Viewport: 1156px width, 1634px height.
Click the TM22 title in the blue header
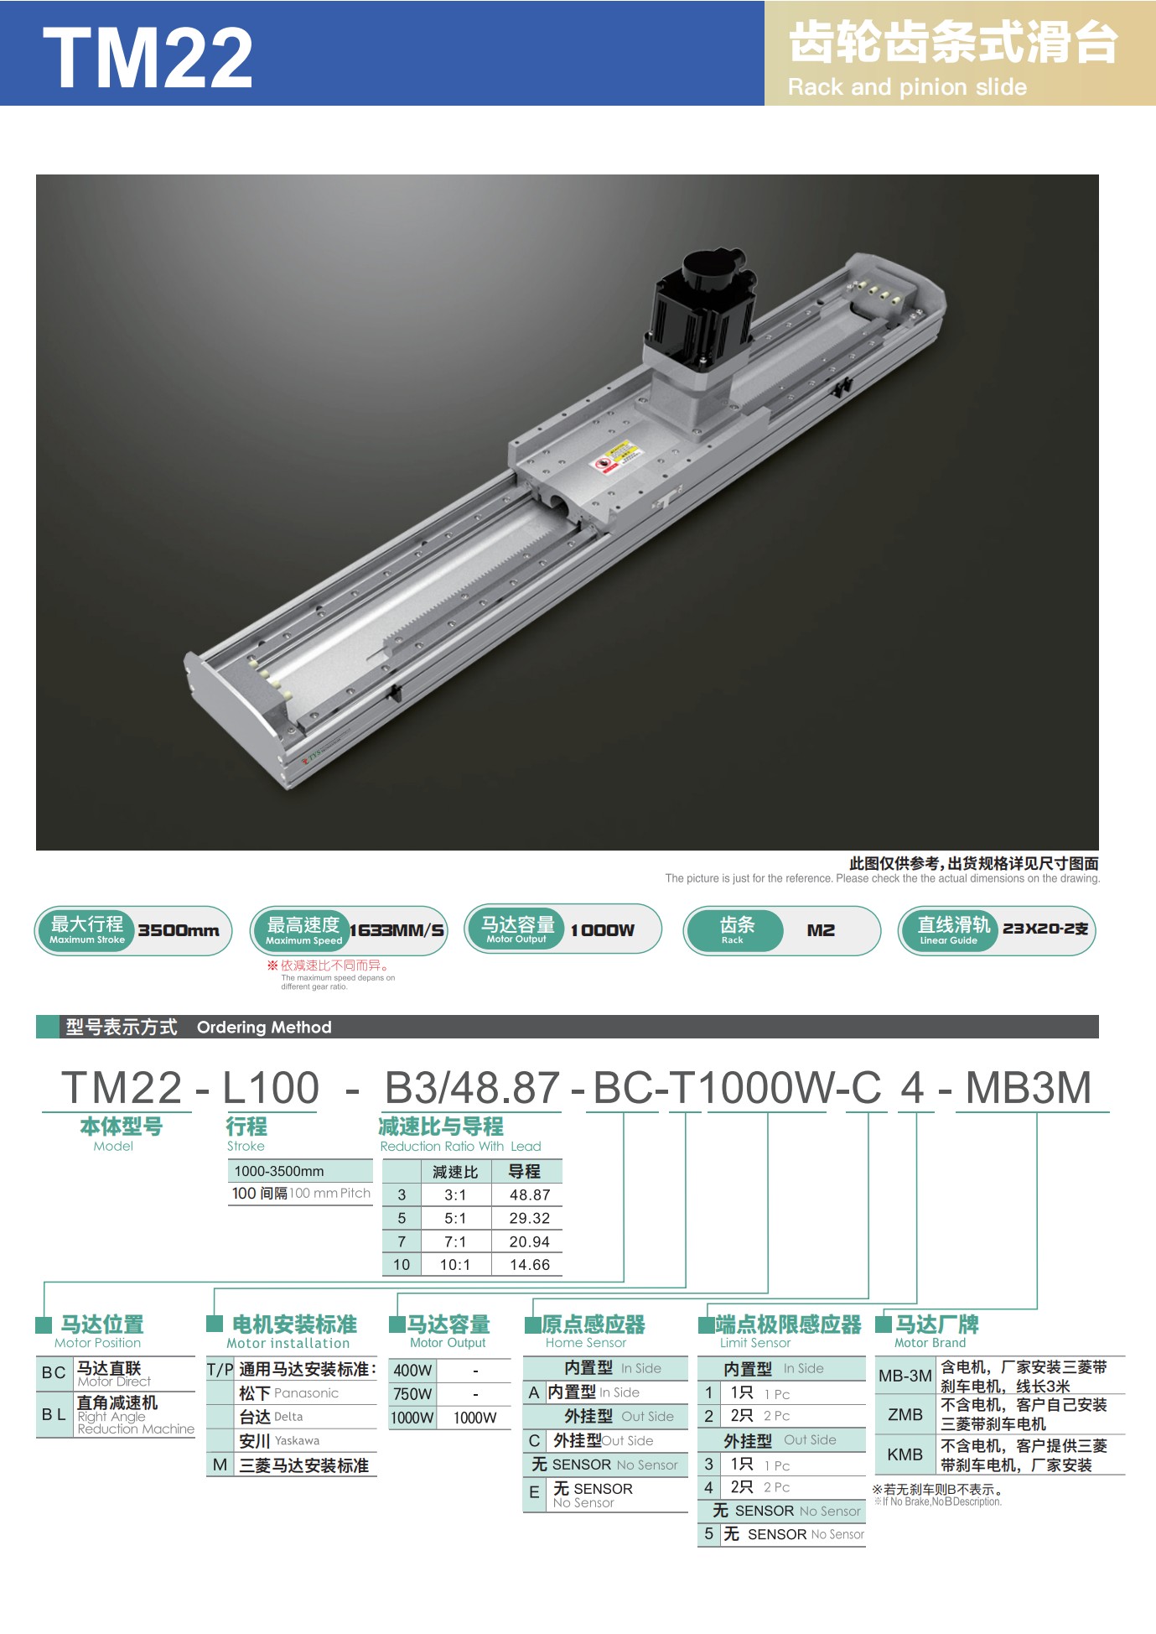148,56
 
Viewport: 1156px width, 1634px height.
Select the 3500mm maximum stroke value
179,930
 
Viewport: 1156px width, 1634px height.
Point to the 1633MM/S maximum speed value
397,930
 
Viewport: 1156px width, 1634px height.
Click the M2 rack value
821,930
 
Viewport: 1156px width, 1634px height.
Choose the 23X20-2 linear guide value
1045,929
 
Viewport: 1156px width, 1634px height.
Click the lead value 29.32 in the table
530,1218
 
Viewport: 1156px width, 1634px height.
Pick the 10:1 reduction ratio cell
455,1265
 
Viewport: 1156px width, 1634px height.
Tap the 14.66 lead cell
530,1265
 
